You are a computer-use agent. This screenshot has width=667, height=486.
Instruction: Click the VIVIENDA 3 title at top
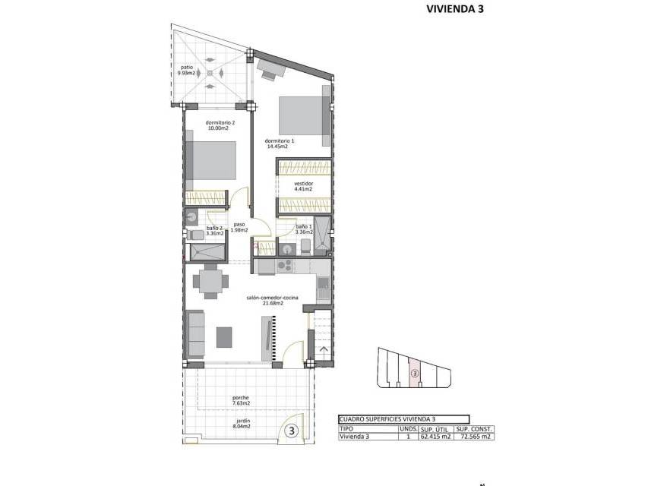click(455, 9)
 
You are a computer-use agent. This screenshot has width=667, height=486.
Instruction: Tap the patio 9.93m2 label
click(186, 70)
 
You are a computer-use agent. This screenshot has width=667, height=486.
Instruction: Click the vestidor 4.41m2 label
click(304, 186)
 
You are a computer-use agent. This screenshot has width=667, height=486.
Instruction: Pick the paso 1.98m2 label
click(239, 227)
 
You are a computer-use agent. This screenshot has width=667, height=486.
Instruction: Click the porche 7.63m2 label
click(241, 400)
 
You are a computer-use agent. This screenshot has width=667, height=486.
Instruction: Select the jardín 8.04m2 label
click(241, 424)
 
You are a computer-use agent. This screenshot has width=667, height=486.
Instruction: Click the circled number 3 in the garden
click(292, 431)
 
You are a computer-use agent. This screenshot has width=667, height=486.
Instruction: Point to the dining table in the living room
click(210, 281)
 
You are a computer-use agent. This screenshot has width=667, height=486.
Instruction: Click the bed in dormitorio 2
click(211, 160)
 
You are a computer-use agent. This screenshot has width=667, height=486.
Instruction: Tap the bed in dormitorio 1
click(305, 115)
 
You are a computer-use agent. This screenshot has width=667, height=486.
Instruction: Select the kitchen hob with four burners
click(285, 266)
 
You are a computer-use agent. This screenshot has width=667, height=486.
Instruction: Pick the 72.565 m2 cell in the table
click(474, 436)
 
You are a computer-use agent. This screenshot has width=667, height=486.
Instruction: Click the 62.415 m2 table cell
click(435, 436)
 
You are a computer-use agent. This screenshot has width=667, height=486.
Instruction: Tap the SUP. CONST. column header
click(474, 429)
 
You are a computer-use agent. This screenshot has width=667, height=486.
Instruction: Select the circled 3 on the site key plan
click(416, 373)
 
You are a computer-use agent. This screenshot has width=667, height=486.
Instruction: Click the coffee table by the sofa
click(224, 337)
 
